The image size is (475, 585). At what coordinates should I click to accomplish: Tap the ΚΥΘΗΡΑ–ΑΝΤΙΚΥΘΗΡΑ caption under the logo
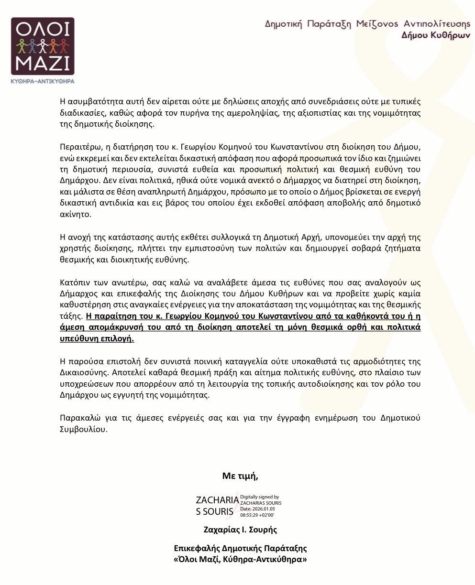point(43,82)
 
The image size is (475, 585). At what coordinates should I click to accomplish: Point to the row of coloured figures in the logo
point(43,46)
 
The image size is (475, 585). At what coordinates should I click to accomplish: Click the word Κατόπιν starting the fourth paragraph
point(74,282)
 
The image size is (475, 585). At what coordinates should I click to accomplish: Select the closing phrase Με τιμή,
point(240,476)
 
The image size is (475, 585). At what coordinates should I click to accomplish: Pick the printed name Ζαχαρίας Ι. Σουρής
point(240,530)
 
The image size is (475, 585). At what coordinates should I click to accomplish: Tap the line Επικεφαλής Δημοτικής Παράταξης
point(240,548)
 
